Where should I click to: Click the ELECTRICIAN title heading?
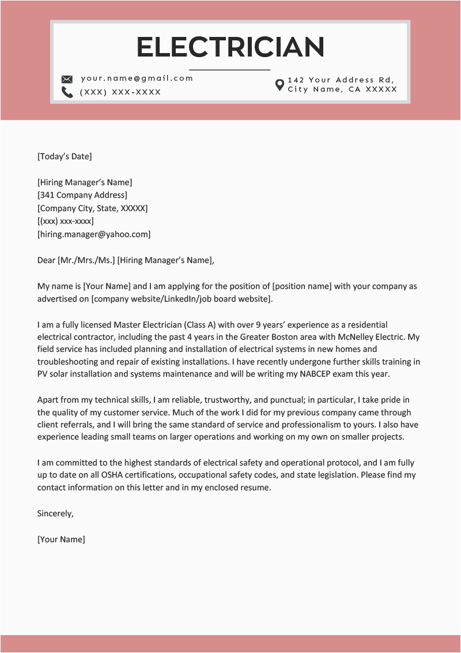click(231, 47)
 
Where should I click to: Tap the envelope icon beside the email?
click(67, 79)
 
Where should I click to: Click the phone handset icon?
click(67, 92)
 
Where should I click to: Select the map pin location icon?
click(279, 85)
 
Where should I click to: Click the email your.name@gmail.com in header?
click(137, 78)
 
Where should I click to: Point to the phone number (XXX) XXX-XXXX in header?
click(120, 92)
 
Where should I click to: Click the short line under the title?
click(229, 70)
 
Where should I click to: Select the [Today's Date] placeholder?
click(65, 156)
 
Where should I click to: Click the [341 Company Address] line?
click(82, 195)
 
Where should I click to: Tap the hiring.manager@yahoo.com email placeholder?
click(94, 234)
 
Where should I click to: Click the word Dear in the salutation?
click(46, 260)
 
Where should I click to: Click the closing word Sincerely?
click(55, 513)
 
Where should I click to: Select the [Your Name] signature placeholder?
click(61, 539)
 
